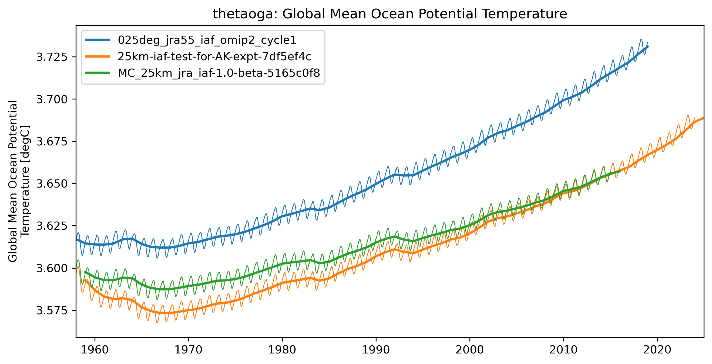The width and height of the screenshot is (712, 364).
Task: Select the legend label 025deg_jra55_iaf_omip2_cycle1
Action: pos(207,40)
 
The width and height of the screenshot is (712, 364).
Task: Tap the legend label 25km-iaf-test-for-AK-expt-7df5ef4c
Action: pos(214,57)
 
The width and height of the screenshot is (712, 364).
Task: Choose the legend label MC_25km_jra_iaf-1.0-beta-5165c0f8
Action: pos(219,73)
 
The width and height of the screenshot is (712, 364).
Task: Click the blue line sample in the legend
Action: pos(97,40)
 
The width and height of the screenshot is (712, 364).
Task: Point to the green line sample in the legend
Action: pos(97,73)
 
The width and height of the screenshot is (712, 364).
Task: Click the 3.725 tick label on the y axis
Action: pos(52,57)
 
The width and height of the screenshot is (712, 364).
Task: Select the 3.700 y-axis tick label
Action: pos(52,99)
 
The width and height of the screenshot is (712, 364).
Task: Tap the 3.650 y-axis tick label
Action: pos(52,184)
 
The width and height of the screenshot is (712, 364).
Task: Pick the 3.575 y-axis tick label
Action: pos(52,310)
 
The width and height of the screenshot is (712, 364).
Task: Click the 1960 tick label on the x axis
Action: pos(95,350)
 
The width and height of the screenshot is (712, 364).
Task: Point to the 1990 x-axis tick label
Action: pos(376,350)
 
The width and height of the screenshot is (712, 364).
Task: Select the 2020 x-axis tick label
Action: pos(657,350)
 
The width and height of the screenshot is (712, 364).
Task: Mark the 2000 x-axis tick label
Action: pos(470,350)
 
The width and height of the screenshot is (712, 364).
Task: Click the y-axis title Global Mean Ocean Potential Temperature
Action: pos(19,181)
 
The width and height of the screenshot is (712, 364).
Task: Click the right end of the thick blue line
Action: pos(648,47)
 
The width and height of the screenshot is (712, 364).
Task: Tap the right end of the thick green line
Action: pos(620,172)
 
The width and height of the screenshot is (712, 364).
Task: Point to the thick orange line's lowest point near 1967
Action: pos(165,313)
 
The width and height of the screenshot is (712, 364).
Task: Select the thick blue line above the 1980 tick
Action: pos(283,216)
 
